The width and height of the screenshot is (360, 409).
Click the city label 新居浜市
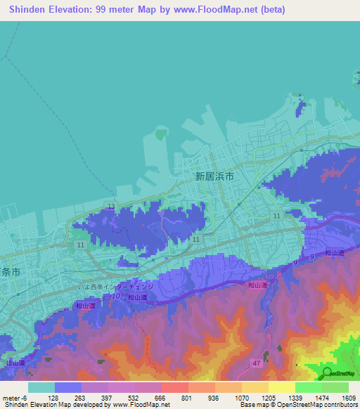(214, 178)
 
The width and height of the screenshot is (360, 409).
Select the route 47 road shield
(257, 361)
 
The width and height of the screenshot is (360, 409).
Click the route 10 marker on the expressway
(115, 297)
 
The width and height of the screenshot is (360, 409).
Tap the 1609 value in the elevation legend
(347, 398)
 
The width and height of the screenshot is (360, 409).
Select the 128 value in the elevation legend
(54, 398)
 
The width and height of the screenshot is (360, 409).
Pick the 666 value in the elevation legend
(161, 398)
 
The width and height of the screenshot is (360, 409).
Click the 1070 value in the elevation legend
(241, 398)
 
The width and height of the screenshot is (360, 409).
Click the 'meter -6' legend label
(14, 398)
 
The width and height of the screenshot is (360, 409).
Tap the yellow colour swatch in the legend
(281, 387)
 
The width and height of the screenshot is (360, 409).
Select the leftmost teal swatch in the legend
(41, 387)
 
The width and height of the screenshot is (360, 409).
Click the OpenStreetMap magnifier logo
(328, 372)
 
